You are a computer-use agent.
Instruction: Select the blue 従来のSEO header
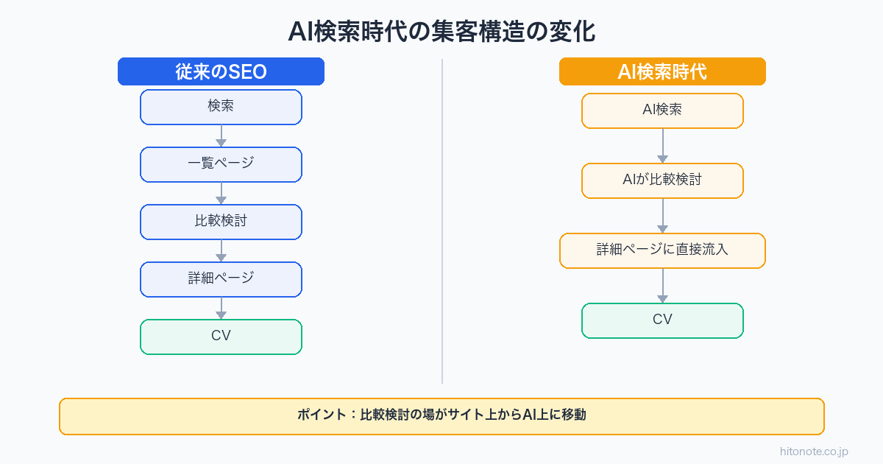[221, 71]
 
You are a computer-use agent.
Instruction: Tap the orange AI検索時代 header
[662, 71]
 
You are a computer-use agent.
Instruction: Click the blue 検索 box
[221, 107]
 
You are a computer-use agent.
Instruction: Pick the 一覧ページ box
[221, 164]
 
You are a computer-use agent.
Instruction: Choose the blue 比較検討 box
[221, 222]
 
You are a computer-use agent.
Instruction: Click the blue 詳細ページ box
[221, 279]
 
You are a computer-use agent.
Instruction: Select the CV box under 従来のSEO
[221, 337]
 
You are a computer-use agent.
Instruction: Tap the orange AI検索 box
[662, 110]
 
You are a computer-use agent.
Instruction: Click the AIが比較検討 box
[662, 180]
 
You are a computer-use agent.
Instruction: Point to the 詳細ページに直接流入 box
[662, 250]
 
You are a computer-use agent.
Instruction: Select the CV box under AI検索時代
[662, 320]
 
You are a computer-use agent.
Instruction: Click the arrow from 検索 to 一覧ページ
[221, 136]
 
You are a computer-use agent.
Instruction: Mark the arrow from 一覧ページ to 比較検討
[221, 194]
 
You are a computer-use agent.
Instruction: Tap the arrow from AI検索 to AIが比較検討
[662, 146]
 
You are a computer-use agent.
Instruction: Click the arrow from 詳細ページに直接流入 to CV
[662, 286]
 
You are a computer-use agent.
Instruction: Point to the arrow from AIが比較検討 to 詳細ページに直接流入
[662, 216]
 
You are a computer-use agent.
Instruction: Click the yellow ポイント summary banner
[441, 416]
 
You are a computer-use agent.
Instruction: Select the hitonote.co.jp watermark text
[815, 451]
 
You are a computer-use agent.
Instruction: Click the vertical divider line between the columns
[442, 221]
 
